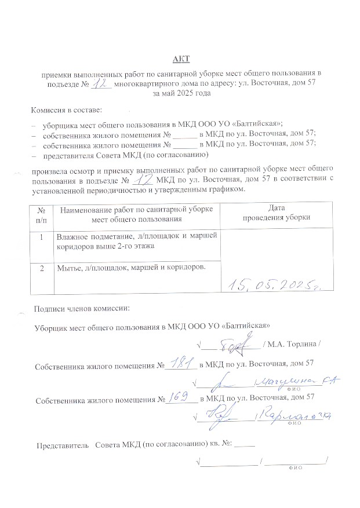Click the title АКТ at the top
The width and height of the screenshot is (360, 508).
180,59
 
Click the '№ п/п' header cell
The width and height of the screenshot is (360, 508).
41,214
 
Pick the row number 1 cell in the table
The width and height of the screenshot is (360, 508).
41,238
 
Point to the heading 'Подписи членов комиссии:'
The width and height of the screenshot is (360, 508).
82,308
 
